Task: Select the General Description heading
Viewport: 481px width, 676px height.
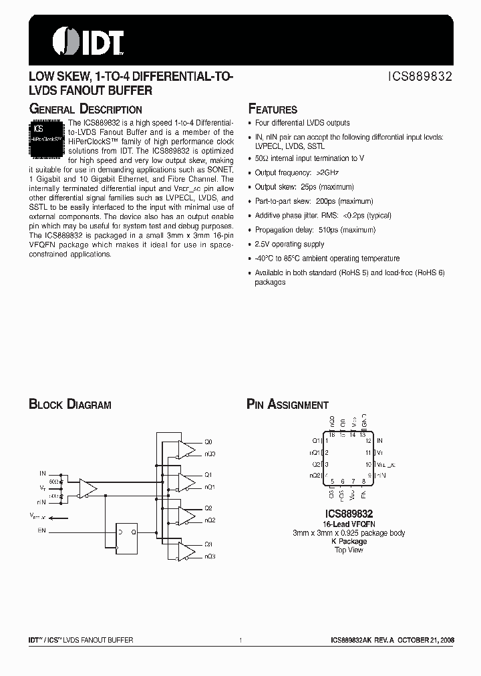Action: point(85,110)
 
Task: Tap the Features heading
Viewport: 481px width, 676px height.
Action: point(273,110)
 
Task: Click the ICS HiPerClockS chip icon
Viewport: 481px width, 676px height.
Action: point(47,138)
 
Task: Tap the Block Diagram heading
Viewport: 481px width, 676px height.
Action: point(69,405)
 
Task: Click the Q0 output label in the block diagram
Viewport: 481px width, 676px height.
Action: point(208,442)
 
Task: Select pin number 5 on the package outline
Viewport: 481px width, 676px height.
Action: point(331,481)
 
